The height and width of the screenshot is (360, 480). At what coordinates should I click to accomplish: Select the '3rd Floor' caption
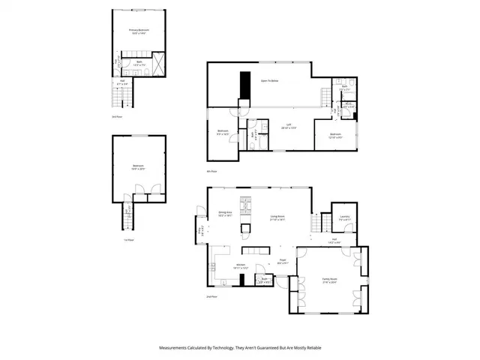(117, 116)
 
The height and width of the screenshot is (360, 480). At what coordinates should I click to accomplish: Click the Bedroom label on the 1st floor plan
(138, 167)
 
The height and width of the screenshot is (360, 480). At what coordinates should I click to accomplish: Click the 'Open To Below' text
(270, 79)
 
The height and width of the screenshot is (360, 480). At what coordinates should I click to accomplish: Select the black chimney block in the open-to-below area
(243, 85)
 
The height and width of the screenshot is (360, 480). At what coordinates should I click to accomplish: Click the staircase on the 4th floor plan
(325, 98)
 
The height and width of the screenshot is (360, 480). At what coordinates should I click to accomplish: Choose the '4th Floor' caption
(214, 172)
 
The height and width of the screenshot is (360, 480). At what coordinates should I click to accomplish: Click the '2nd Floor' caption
(211, 297)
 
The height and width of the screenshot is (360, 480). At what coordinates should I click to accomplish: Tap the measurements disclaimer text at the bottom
(239, 347)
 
